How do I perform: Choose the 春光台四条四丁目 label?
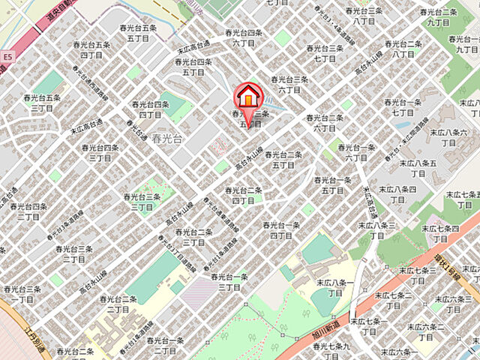[x=147, y=109]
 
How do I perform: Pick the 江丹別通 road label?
[x=34, y=342]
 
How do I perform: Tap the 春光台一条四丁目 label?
[x=281, y=230]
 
